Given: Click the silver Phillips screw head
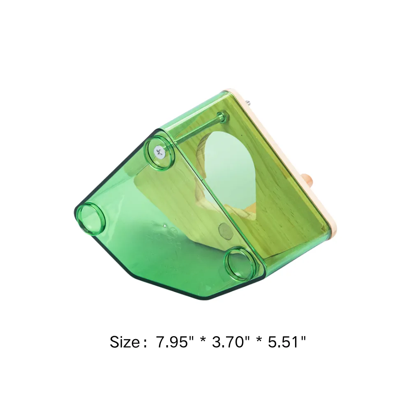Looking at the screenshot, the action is (159, 152).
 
